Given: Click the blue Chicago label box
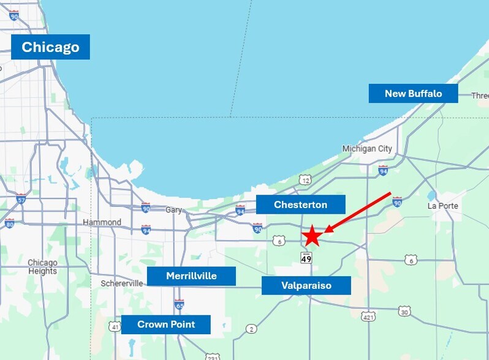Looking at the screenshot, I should pos(50,47).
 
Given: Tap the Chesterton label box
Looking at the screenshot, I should pos(300,204).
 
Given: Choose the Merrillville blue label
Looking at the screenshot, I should pos(191,276).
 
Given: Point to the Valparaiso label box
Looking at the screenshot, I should pos(306,285).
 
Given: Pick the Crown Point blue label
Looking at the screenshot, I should pos(165,324).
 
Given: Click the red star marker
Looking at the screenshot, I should pos(312,236).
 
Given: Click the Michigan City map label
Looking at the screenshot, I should pos(367,149).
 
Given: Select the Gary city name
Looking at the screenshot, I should pos(174,210).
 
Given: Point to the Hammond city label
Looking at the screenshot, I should pos(102,222).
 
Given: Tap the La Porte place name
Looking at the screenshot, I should pos(442,206).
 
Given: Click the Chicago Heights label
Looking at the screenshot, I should pos(42,267).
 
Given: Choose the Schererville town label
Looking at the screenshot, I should pos(123,283).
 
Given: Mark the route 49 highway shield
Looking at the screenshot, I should pos(306,258).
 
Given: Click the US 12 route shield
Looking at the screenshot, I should pos(305,179).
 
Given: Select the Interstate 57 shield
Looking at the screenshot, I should pos(21,199).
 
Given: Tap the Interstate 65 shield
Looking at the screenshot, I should pos(179,304).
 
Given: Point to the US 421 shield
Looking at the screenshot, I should pos(368,317).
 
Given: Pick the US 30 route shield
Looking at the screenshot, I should pos(404,311).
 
